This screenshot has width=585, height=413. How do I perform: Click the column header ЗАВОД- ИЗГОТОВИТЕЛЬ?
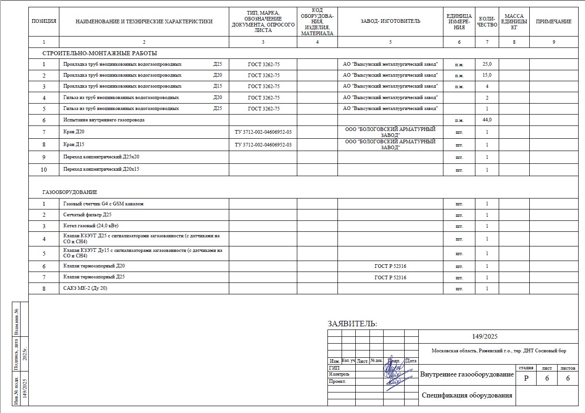[390, 21]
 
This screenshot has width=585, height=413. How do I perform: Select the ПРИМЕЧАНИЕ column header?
[553, 21]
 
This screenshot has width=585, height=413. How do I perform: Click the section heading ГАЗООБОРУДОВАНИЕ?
[70, 192]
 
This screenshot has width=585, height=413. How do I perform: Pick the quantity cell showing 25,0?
[487, 64]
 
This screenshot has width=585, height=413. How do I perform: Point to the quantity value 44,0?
[487, 120]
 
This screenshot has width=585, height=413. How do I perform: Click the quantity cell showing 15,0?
[487, 75]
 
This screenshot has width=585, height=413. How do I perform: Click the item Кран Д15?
[74, 145]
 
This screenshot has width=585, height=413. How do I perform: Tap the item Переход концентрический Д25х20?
[101, 157]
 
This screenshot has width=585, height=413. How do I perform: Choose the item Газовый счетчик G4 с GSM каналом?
[103, 204]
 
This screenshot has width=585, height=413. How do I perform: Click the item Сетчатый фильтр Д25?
[87, 215]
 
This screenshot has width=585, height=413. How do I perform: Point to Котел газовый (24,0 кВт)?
[91, 226]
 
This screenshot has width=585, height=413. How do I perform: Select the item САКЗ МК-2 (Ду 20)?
[85, 288]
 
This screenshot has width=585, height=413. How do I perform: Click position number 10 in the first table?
[44, 170]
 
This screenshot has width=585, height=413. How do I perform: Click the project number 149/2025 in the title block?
[485, 337]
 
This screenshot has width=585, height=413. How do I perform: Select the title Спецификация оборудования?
[467, 395]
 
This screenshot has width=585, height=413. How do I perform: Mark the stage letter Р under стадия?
[527, 378]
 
